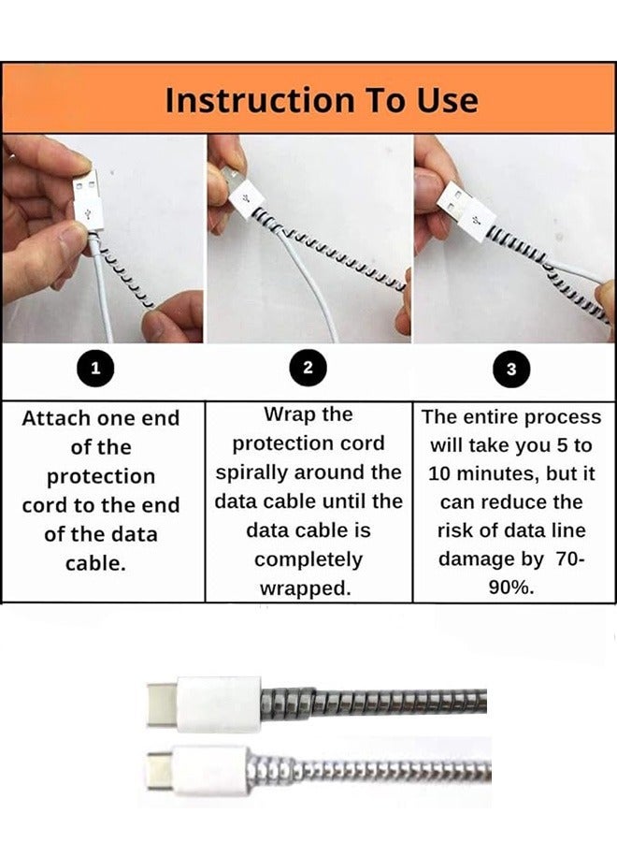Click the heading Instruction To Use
[x=321, y=100]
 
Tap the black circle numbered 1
[x=93, y=369]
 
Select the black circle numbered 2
[x=308, y=369]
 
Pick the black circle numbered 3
[x=510, y=369]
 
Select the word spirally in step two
[x=259, y=472]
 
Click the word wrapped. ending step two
[x=308, y=588]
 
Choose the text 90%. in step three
[x=511, y=588]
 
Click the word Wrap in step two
[x=289, y=414]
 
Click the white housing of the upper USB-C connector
[x=217, y=704]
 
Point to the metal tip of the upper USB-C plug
[x=161, y=704]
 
